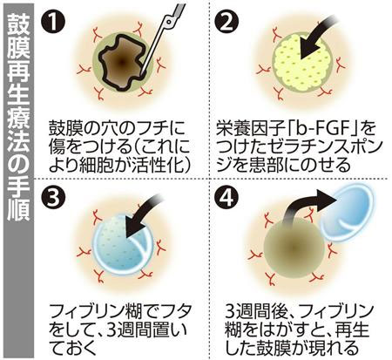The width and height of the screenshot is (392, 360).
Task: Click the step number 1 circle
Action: (x=53, y=22)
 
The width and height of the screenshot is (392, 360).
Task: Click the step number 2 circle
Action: (x=226, y=22)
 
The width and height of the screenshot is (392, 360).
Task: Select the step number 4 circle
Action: (x=226, y=199)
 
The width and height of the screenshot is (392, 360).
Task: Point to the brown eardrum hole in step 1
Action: (x=121, y=62)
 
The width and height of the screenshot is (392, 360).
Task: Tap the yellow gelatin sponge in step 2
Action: (x=301, y=62)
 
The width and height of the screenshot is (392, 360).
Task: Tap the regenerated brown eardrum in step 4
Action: (x=294, y=248)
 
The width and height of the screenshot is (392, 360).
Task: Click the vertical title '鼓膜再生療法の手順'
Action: (x=18, y=117)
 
